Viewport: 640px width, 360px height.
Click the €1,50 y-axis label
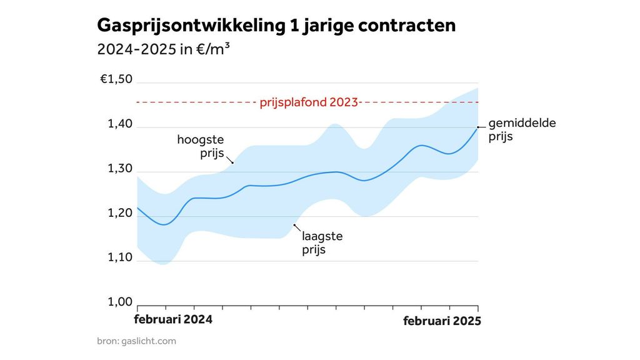(116, 79)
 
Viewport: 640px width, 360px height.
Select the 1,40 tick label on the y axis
(120, 124)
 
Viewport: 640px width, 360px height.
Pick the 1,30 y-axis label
(120, 169)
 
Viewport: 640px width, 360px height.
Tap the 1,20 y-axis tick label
(120, 213)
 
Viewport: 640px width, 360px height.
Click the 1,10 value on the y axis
(120, 257)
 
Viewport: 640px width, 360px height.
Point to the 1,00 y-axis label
(120, 302)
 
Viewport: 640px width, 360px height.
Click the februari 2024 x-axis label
(174, 319)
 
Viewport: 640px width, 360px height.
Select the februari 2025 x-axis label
(441, 321)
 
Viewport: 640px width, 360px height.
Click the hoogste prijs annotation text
(200, 146)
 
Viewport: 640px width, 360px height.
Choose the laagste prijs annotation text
(322, 243)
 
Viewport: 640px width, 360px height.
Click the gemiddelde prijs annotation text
(521, 129)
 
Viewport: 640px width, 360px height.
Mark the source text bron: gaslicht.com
(136, 341)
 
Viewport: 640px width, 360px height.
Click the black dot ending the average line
(478, 127)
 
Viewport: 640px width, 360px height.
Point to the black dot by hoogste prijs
(232, 163)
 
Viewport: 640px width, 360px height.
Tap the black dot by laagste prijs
(294, 224)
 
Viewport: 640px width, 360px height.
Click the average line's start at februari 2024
(137, 207)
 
